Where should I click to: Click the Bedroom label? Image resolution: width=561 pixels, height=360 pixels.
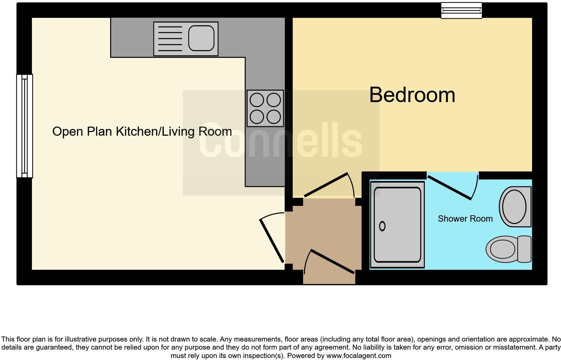(x=412, y=95)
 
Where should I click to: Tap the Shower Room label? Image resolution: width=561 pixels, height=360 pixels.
(x=465, y=219)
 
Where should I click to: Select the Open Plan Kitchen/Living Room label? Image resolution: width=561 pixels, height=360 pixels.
(x=142, y=131)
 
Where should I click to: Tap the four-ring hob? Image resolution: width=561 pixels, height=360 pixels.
(x=265, y=108)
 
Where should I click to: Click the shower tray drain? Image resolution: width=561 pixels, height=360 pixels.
(x=382, y=226)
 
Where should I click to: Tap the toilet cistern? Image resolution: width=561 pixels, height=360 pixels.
(x=524, y=249)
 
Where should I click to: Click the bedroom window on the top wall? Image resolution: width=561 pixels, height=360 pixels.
(x=461, y=10)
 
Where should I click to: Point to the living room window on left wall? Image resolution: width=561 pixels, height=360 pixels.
(x=24, y=126)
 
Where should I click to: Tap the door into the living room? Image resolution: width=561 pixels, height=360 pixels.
(x=272, y=240)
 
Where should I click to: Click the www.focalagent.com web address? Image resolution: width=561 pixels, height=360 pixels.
(x=358, y=356)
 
